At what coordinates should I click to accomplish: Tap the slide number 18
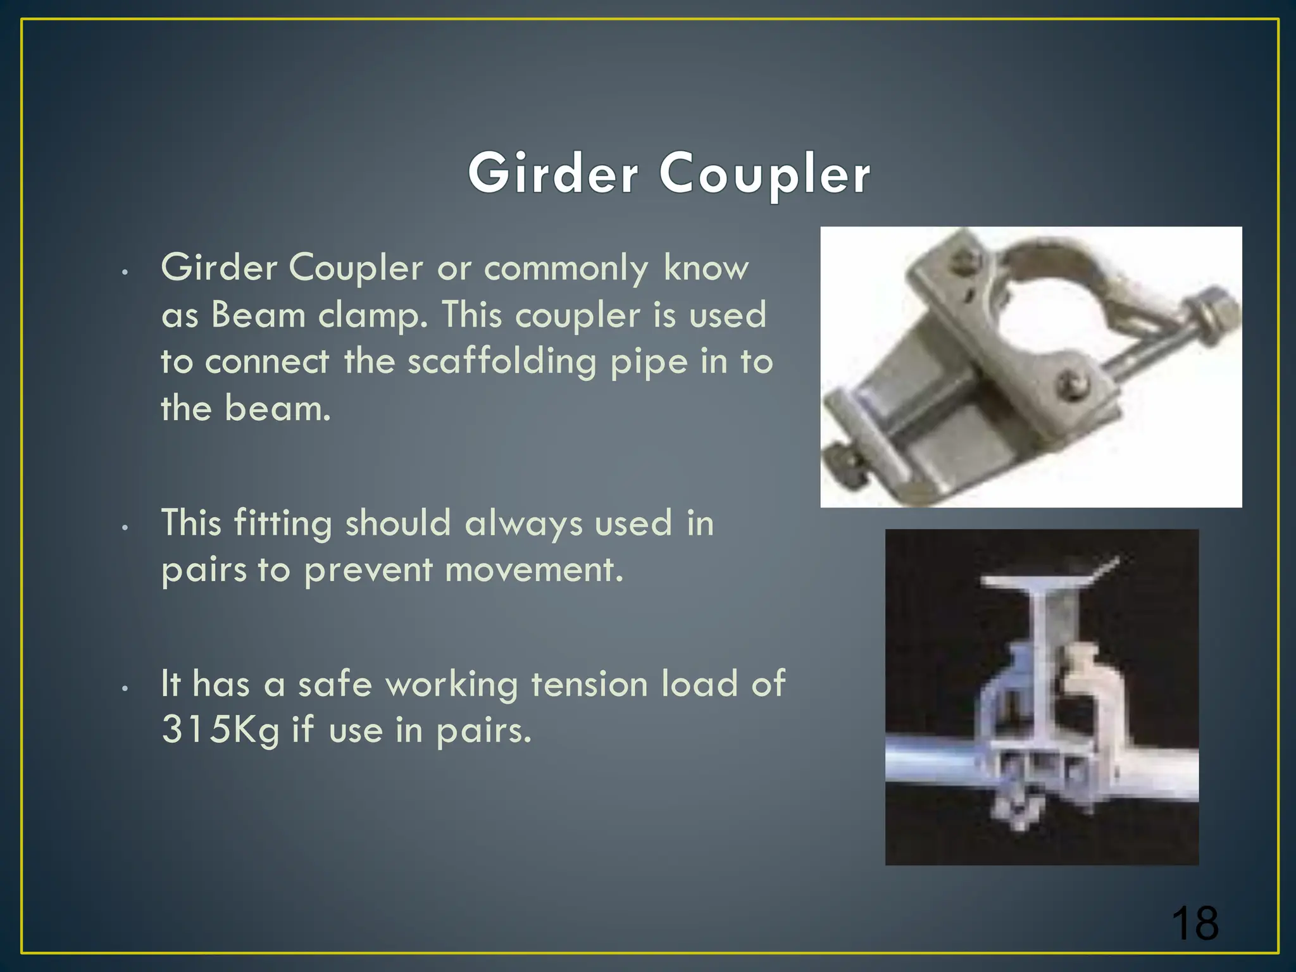tap(1194, 924)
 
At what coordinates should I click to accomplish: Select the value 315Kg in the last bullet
tap(220, 730)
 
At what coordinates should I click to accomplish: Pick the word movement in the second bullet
tap(534, 569)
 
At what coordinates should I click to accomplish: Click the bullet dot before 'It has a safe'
tap(126, 688)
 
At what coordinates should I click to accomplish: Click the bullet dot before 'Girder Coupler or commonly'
tap(126, 272)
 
